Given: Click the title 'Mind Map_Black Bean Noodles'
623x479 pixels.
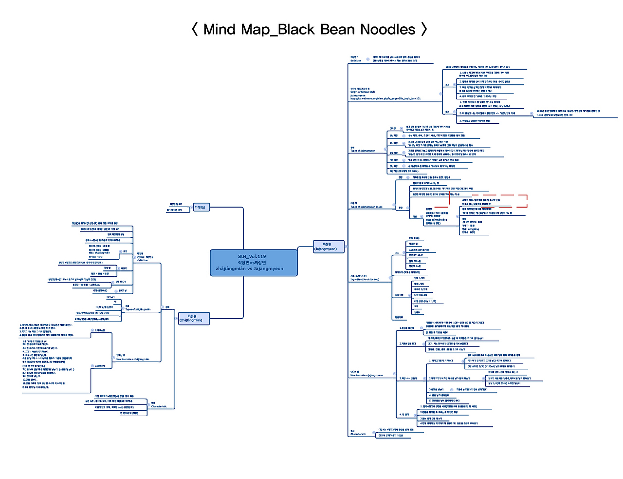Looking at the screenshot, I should click(309, 29).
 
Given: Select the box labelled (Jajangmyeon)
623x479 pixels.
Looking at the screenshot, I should click(328, 247).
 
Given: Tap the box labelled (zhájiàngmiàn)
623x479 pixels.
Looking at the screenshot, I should click(193, 318).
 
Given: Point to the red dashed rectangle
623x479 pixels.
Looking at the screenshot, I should click(488, 201).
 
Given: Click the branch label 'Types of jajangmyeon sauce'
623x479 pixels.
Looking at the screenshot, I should click(366, 207).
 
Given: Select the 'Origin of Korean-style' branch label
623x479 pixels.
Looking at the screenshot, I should click(363, 92).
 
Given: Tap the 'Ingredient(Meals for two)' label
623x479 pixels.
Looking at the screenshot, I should click(365, 280).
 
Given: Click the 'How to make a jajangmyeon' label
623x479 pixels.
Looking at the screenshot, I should click(366, 375).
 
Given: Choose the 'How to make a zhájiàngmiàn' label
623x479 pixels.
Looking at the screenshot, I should click(132, 359).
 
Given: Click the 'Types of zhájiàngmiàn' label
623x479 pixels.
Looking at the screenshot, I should click(138, 309).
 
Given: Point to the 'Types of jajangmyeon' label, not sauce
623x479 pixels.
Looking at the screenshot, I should click(363, 151).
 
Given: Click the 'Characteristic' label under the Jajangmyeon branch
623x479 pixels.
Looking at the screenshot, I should click(358, 434).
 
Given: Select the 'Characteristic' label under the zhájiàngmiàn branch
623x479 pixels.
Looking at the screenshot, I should click(159, 406).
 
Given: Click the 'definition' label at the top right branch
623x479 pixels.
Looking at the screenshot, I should click(356, 61).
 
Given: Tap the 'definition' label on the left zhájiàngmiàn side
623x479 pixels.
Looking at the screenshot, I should click(143, 260).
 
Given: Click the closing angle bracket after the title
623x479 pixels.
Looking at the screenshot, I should click(424, 29).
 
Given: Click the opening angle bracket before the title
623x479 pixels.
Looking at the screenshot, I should click(195, 29).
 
